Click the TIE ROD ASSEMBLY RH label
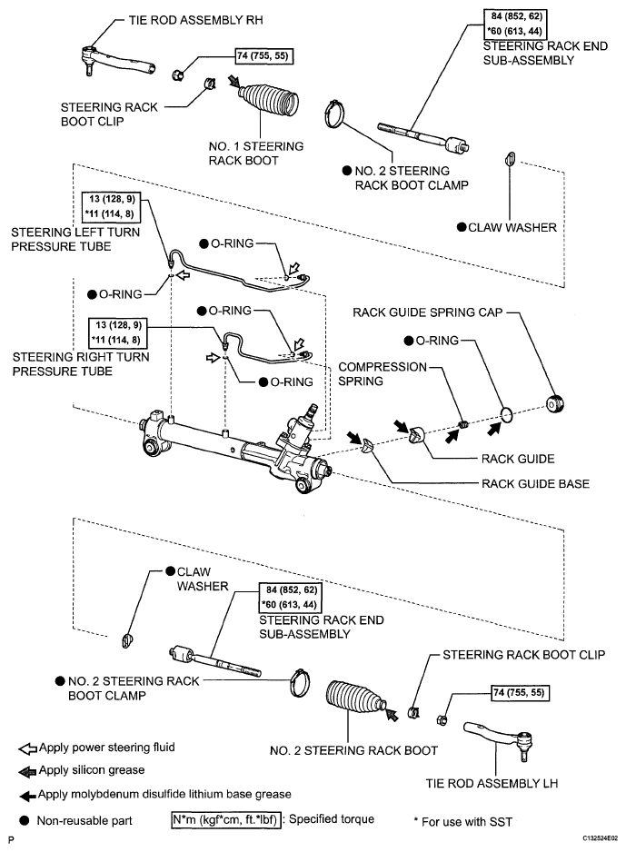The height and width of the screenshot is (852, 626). (x=195, y=21)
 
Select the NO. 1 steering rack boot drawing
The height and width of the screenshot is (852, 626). (x=268, y=100)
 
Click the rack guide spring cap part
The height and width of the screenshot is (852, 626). (x=555, y=403)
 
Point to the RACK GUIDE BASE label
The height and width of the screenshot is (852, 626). (x=535, y=483)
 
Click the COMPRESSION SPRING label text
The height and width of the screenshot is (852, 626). (x=383, y=374)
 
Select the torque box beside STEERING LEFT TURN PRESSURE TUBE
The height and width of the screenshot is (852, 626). (x=111, y=206)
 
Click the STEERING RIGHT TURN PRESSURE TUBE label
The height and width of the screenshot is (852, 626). (x=81, y=364)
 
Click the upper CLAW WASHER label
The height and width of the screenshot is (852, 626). (x=512, y=227)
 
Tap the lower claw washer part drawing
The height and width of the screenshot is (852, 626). (x=127, y=640)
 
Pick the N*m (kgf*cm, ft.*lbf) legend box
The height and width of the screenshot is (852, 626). (x=226, y=819)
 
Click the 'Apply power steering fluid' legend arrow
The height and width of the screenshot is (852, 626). (x=28, y=748)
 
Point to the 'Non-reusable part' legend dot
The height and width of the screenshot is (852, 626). (x=25, y=820)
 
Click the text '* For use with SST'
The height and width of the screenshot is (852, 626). (x=463, y=821)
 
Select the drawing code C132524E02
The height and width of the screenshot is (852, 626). (x=601, y=838)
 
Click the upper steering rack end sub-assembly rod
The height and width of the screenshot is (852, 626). (x=422, y=136)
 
